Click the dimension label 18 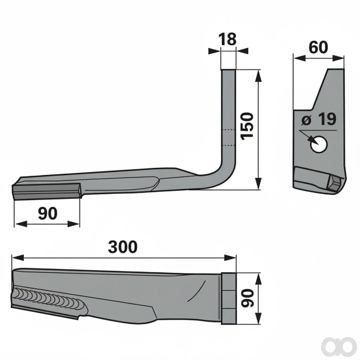228,39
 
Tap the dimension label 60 319,47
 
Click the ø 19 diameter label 319,119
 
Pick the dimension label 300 123,247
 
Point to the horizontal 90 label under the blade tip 48,214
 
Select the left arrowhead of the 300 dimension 18,258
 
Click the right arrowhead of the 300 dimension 230,258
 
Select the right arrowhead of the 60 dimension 338,58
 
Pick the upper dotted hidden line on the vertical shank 228,130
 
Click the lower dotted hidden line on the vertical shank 228,145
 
